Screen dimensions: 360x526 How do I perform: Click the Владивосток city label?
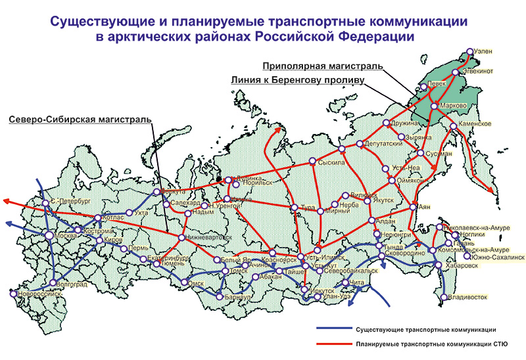(x=467, y=298)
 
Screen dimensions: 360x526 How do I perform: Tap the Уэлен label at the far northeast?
(x=484, y=51)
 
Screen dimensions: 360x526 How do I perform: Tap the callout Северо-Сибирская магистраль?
(x=79, y=120)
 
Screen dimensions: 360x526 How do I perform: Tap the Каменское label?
(x=475, y=124)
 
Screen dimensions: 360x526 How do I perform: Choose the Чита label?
(x=373, y=283)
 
